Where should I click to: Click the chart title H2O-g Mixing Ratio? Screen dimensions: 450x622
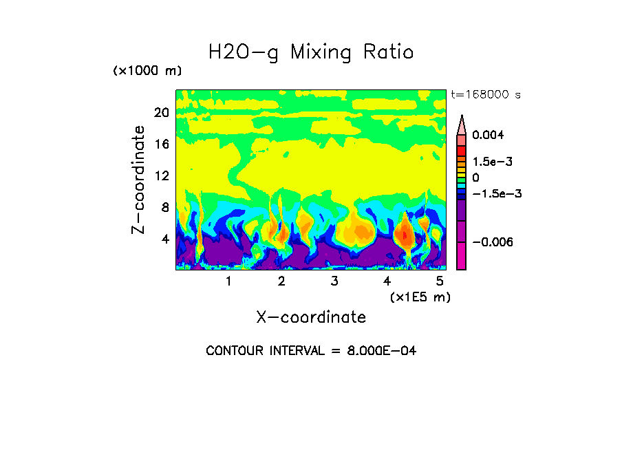pyautogui.click(x=311, y=52)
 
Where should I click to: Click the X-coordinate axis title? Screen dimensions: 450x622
pyautogui.click(x=311, y=317)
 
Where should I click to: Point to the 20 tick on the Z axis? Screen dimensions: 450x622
pyautogui.click(x=161, y=113)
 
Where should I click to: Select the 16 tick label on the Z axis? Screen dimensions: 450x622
pyautogui.click(x=161, y=144)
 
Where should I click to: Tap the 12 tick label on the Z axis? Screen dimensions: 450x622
pyautogui.click(x=161, y=176)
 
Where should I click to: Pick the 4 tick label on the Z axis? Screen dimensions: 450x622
pyautogui.click(x=164, y=239)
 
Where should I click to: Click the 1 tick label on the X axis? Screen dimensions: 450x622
pyautogui.click(x=228, y=281)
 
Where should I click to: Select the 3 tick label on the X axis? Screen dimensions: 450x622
pyautogui.click(x=334, y=281)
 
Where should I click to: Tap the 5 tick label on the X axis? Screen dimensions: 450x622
pyautogui.click(x=440, y=281)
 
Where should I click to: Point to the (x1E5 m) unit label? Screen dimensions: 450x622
pyautogui.click(x=420, y=297)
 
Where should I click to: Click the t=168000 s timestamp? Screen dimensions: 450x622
pyautogui.click(x=485, y=94)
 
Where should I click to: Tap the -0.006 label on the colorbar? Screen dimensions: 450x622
pyautogui.click(x=491, y=242)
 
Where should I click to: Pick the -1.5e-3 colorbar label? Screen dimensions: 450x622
pyautogui.click(x=496, y=193)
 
